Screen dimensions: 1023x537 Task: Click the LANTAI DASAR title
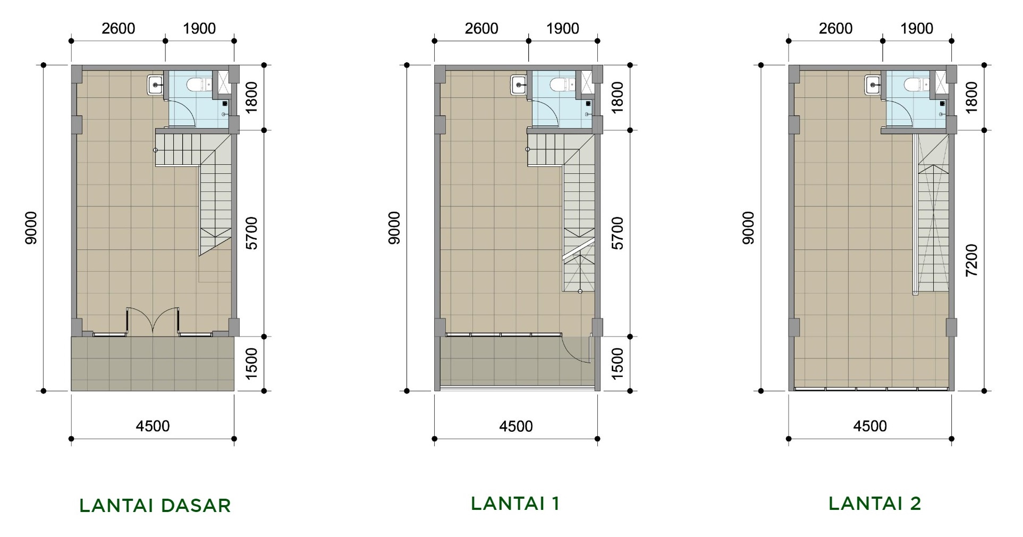pyautogui.click(x=155, y=506)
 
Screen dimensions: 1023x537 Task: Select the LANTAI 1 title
pyautogui.click(x=515, y=503)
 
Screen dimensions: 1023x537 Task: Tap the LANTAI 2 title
pyautogui.click(x=875, y=503)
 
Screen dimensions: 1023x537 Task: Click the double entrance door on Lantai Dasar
pyautogui.click(x=153, y=321)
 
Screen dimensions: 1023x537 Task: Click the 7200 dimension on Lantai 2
pyautogui.click(x=971, y=261)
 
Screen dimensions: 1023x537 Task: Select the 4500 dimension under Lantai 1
pyautogui.click(x=515, y=426)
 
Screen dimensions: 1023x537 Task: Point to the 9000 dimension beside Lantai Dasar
pyautogui.click(x=31, y=228)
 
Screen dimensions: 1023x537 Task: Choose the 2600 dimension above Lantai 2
pyautogui.click(x=835, y=28)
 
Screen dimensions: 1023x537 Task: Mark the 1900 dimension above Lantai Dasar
pyautogui.click(x=199, y=28)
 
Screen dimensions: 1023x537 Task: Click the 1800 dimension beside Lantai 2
pyautogui.click(x=971, y=97)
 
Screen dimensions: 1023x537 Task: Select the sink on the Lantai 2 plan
pyautogui.click(x=873, y=84)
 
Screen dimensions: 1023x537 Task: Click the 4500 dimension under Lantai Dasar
pyautogui.click(x=153, y=426)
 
